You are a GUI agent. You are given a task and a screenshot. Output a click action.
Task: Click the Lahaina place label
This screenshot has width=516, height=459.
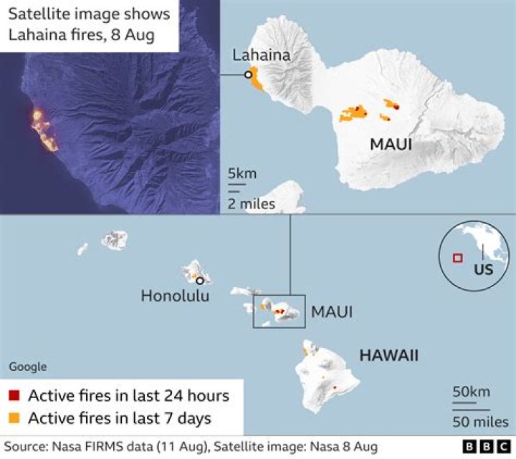coord(261,55)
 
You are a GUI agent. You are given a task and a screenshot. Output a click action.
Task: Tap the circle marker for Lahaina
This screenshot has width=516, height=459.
coord(248,74)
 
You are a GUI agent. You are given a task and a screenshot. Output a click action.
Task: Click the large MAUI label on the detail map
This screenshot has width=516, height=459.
coord(391,145)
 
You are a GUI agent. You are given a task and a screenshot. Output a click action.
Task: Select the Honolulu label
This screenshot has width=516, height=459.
coord(175,295)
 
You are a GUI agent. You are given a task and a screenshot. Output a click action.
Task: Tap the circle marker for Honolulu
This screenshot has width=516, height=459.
coord(200,281)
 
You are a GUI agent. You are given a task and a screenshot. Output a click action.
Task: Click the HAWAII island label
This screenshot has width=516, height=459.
coord(389,355)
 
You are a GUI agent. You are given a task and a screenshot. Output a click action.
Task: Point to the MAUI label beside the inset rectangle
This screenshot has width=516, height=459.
coord(331,312)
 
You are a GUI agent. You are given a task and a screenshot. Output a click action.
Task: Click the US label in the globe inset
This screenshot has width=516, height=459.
coord(484,271)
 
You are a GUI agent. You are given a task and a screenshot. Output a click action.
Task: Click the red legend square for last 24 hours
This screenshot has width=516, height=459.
coord(14,396)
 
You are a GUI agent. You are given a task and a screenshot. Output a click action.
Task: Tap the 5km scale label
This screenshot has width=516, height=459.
coord(242,174)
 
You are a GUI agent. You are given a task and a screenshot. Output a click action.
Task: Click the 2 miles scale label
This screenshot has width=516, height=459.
coord(252,205)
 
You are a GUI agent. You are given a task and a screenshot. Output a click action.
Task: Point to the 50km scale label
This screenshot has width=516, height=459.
coord(471,392)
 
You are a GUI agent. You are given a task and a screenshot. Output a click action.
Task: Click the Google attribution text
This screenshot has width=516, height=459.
coord(28,367)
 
